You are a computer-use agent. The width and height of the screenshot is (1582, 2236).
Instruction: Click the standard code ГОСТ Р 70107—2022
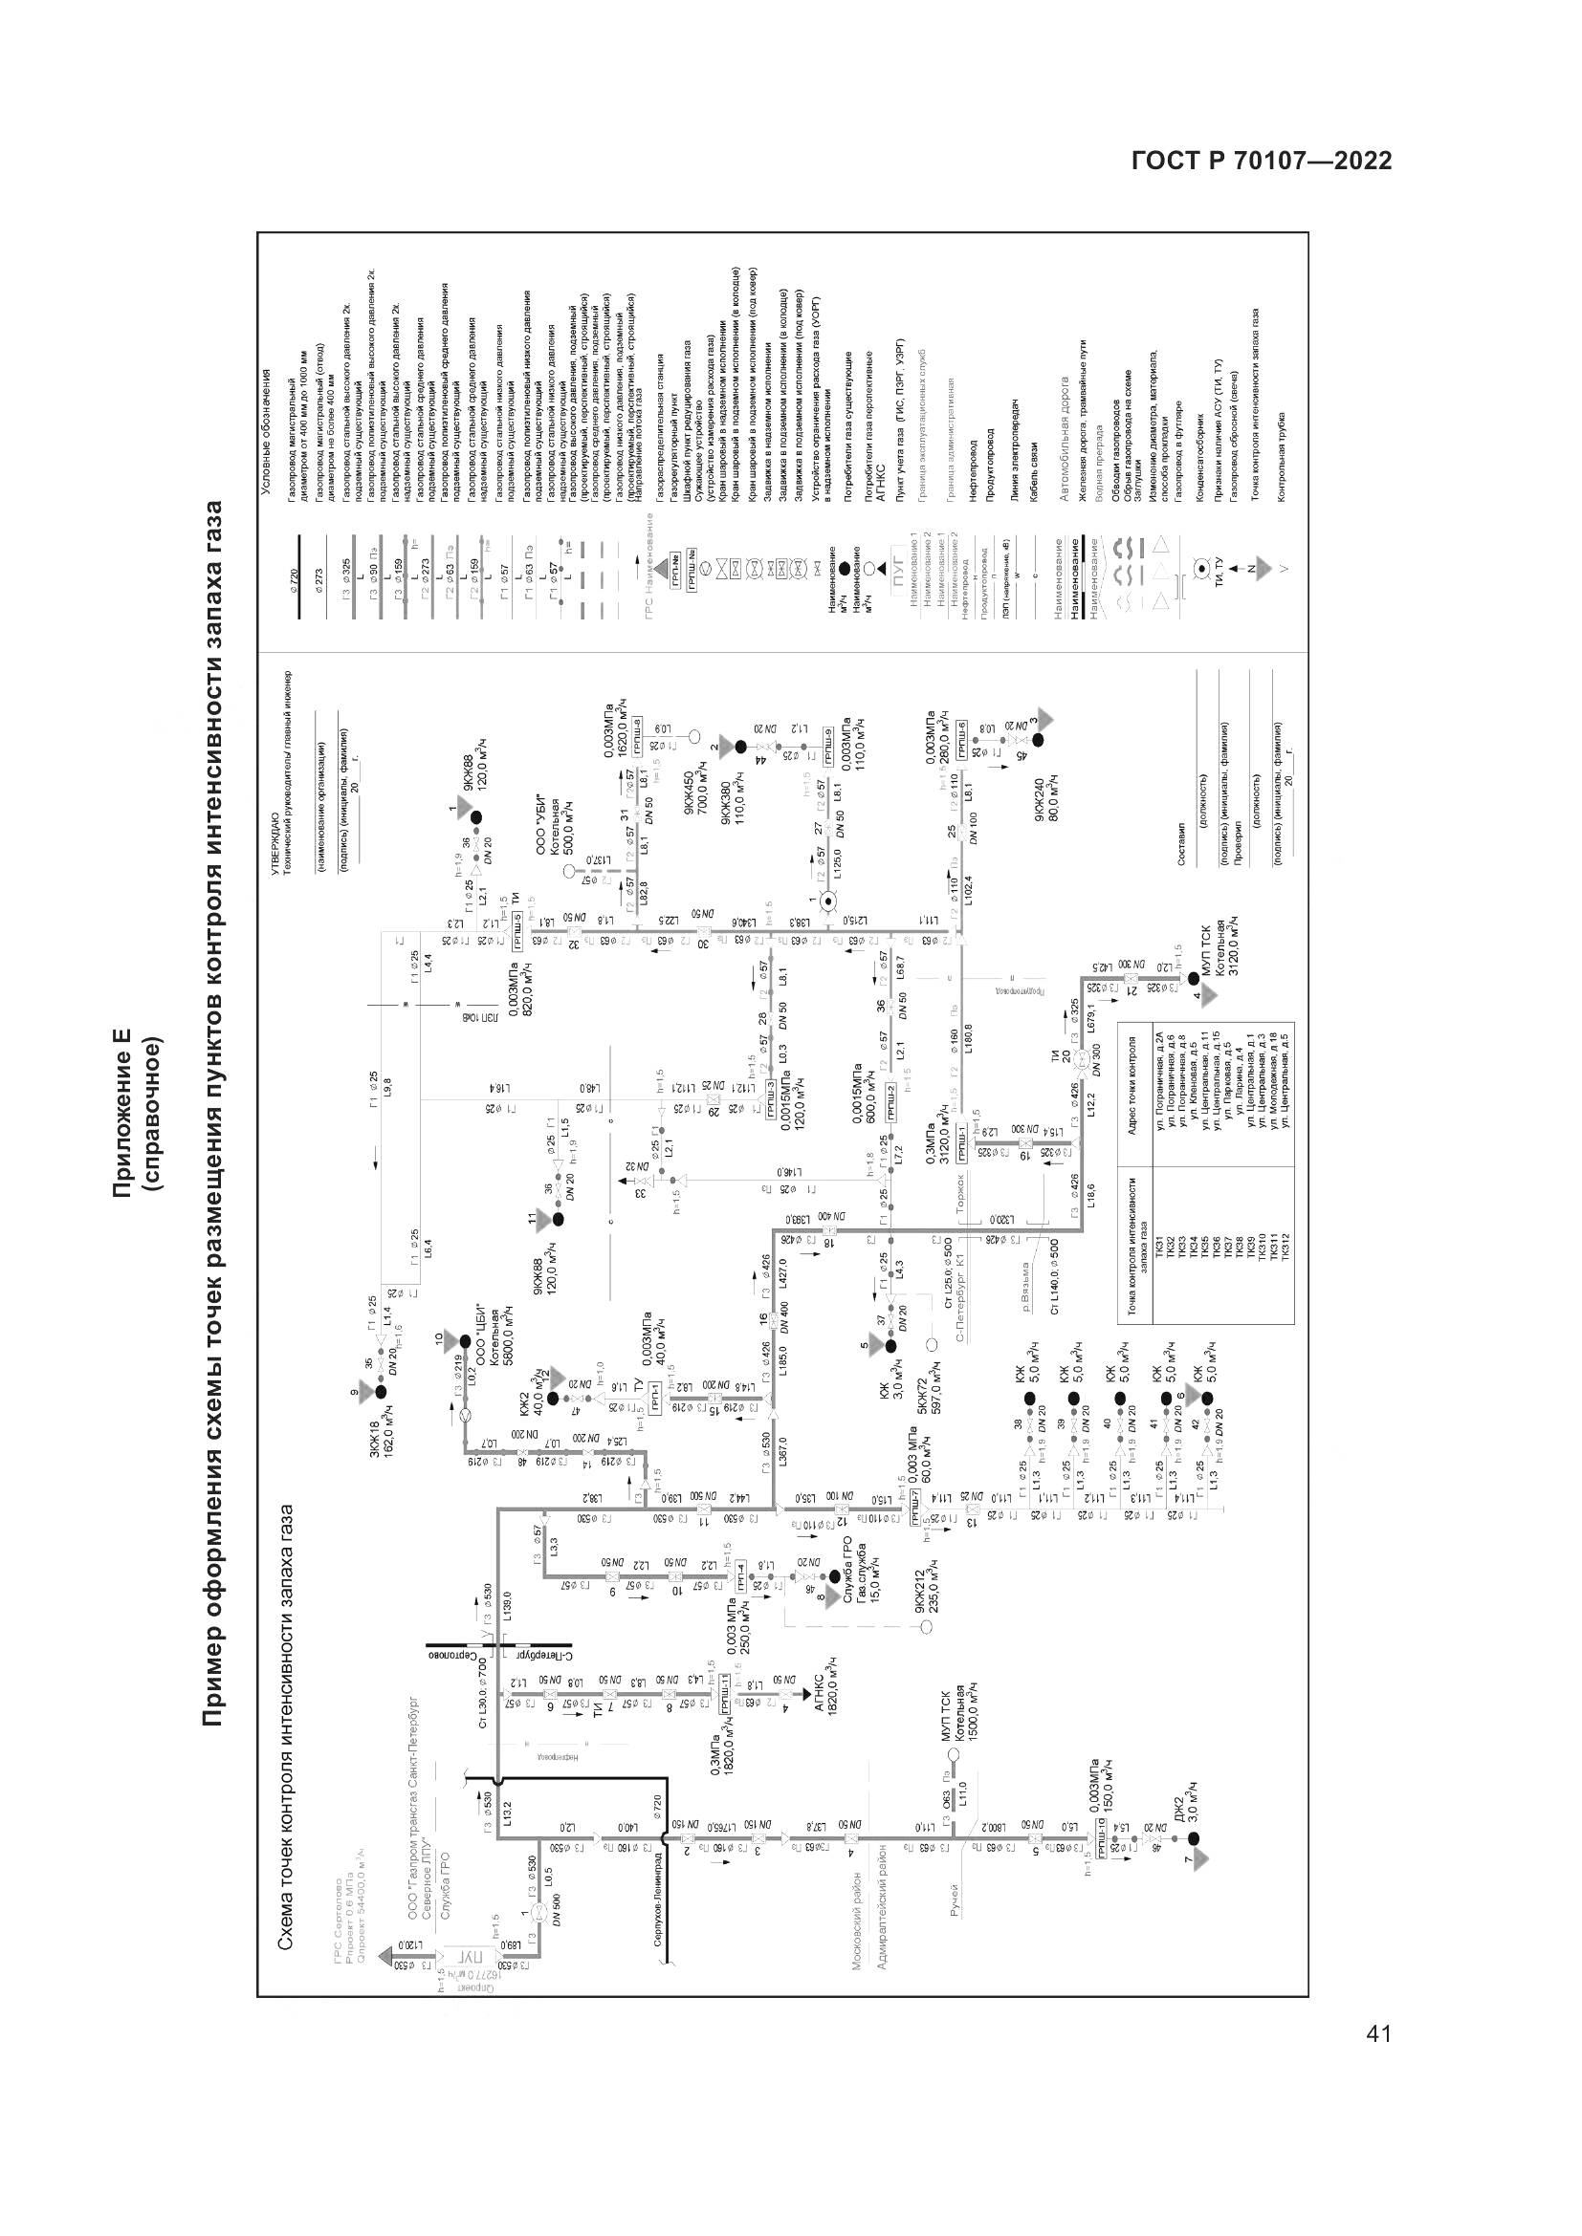[1262, 161]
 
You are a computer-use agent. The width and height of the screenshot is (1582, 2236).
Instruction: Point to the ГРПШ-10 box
[1101, 1845]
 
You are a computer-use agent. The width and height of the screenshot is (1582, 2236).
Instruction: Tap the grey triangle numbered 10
[450, 1338]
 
